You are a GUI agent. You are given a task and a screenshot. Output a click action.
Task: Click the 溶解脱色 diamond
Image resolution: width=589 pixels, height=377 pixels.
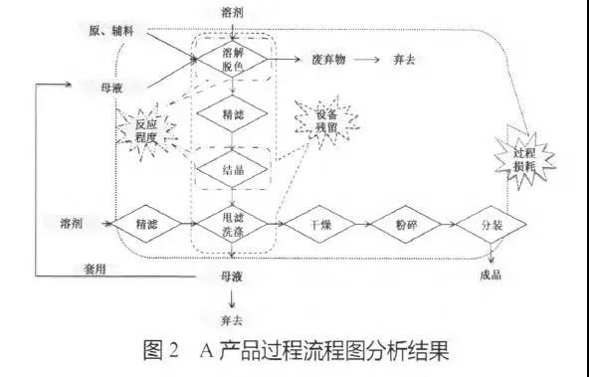[231, 59]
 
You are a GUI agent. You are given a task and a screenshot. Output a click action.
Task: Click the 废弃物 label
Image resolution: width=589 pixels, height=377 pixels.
[329, 59]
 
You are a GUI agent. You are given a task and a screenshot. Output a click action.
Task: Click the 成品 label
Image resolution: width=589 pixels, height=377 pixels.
[490, 276]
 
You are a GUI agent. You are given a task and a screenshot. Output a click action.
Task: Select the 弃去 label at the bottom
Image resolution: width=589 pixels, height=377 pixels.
[232, 319]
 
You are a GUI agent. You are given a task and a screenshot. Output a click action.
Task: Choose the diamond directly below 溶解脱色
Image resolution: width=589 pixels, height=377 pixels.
[231, 114]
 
